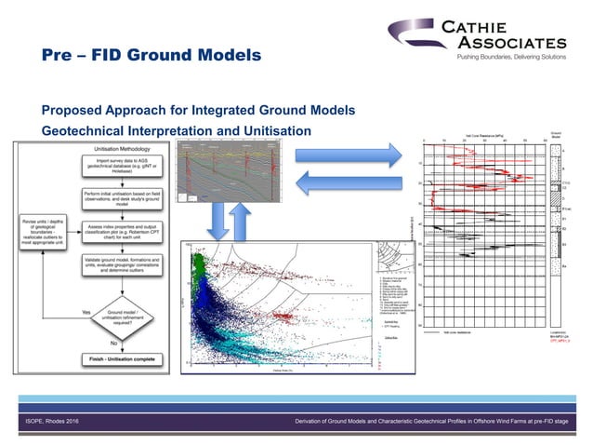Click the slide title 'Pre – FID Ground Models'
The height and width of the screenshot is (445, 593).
click(x=152, y=57)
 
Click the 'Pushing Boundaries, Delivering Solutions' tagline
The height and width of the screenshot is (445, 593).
click(x=509, y=57)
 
